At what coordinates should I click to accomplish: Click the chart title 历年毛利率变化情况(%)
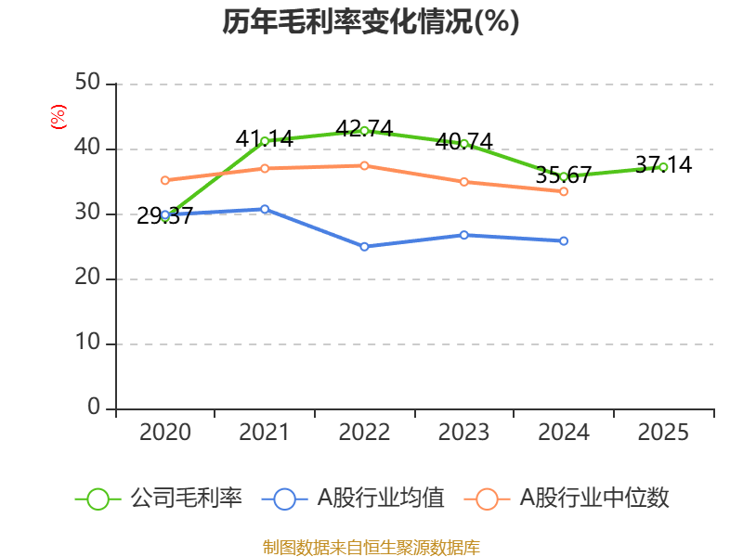pos(371,22)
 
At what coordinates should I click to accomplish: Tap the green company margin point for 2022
pos(364,130)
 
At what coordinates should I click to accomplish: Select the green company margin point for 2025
pos(663,167)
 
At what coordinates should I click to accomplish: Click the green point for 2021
pos(265,141)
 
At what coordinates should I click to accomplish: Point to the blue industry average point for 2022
pos(364,246)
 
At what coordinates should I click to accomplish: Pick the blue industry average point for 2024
pos(564,240)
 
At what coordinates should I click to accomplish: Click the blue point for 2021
pos(265,209)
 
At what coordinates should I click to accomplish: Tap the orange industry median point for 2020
pos(165,180)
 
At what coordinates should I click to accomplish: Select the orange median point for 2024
pos(564,191)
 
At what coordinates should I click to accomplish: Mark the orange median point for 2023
pos(464,181)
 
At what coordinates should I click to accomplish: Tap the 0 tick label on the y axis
pos(94,408)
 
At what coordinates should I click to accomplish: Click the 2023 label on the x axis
pos(464,433)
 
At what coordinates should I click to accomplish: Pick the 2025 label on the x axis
pos(663,433)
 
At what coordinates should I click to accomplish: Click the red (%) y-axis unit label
pos(58,117)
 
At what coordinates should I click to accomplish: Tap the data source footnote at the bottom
pos(371,547)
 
